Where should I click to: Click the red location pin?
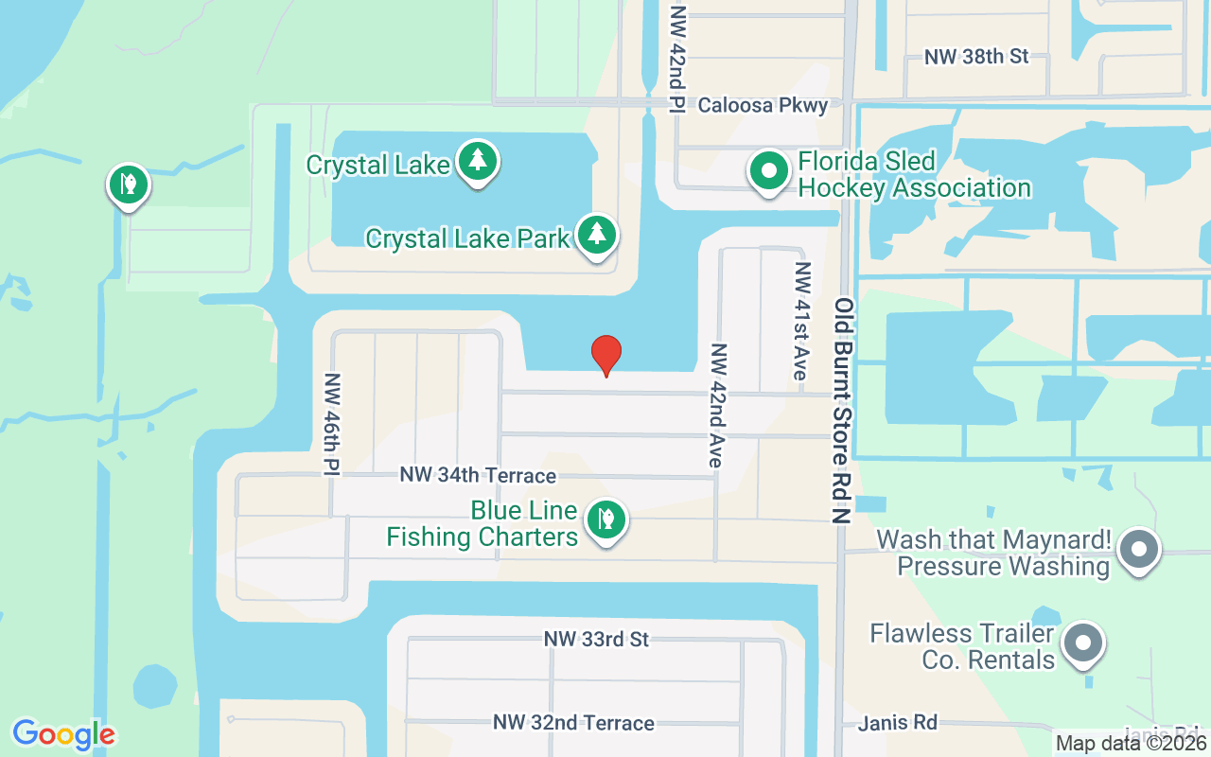pyautogui.click(x=605, y=355)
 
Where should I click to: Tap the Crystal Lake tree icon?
pyautogui.click(x=478, y=162)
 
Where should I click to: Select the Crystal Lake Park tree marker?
pyautogui.click(x=596, y=235)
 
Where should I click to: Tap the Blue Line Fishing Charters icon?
pyautogui.click(x=605, y=520)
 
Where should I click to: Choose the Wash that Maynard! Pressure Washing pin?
pyautogui.click(x=1139, y=550)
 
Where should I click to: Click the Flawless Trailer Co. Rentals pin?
pyautogui.click(x=1084, y=643)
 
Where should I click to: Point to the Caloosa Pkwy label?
pyautogui.click(x=763, y=105)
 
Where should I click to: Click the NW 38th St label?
pyautogui.click(x=976, y=57)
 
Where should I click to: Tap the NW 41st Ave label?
pyautogui.click(x=801, y=322)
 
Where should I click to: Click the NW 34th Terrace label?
pyautogui.click(x=478, y=475)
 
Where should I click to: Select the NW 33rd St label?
pyautogui.click(x=596, y=640)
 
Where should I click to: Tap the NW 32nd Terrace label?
pyautogui.click(x=573, y=723)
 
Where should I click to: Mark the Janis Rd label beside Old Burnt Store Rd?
pyautogui.click(x=898, y=724)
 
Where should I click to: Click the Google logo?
pyautogui.click(x=63, y=734)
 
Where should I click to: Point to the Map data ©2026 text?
pyautogui.click(x=1132, y=744)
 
